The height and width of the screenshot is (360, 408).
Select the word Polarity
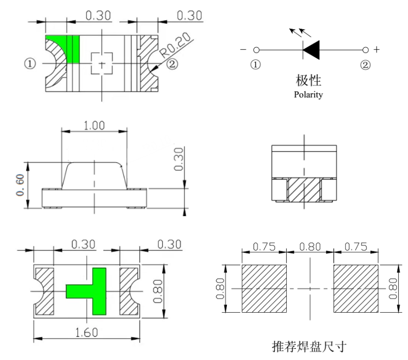coord(309,95)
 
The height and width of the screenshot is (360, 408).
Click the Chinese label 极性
coord(309,80)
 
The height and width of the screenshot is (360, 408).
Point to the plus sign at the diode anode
coord(377,49)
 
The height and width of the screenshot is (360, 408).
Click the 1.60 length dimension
coord(86,333)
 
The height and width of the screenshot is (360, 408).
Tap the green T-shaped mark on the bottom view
coord(87,291)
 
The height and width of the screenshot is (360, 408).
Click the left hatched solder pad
coord(263,288)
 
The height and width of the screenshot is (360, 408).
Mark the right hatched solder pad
coord(356,288)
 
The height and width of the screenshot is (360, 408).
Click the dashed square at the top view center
coord(101,63)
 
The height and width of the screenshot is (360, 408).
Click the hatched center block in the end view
coord(304,190)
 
